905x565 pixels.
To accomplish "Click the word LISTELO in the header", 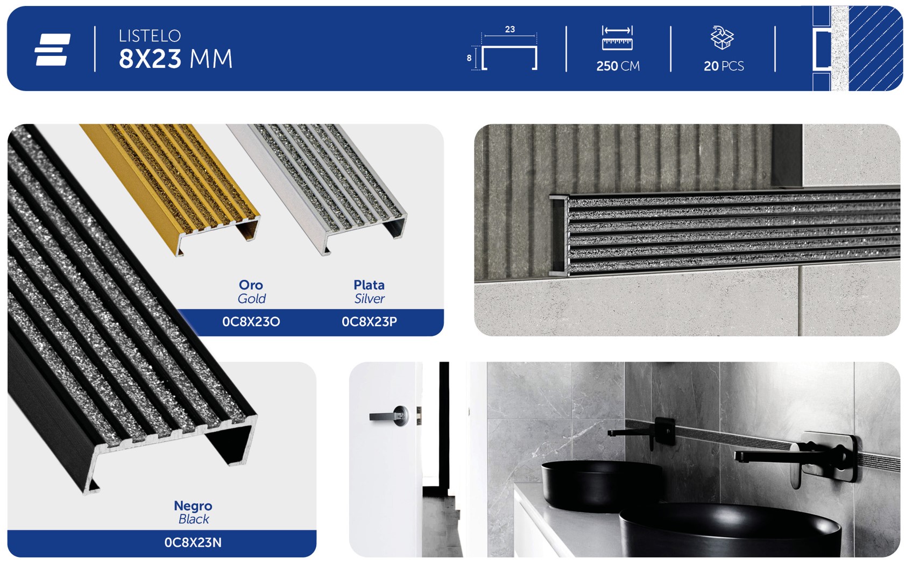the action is pyautogui.click(x=150, y=36).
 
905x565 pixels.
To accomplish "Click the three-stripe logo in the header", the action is pyautogui.click(x=53, y=50).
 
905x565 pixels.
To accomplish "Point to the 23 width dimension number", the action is pyautogui.click(x=510, y=29).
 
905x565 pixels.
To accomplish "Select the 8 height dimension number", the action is pyautogui.click(x=469, y=58).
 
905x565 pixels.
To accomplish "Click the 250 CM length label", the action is pyautogui.click(x=618, y=66).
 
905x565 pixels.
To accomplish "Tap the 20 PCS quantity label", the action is pyautogui.click(x=724, y=66).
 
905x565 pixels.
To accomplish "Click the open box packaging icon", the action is pyautogui.click(x=723, y=38).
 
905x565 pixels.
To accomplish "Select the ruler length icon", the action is pyautogui.click(x=617, y=38).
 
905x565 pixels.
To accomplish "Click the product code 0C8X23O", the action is pyautogui.click(x=251, y=322).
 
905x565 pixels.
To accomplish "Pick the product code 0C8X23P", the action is pyautogui.click(x=369, y=322).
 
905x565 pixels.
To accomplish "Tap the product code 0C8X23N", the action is pyautogui.click(x=193, y=542).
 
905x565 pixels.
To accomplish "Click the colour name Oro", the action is pyautogui.click(x=251, y=285).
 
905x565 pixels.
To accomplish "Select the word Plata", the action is pyautogui.click(x=369, y=285).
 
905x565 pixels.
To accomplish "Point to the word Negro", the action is pyautogui.click(x=193, y=506).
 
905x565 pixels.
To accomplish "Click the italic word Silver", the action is pyautogui.click(x=369, y=299).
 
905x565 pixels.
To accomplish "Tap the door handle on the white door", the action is pyautogui.click(x=389, y=416).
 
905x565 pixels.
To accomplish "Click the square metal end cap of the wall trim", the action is pyautogui.click(x=558, y=235).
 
